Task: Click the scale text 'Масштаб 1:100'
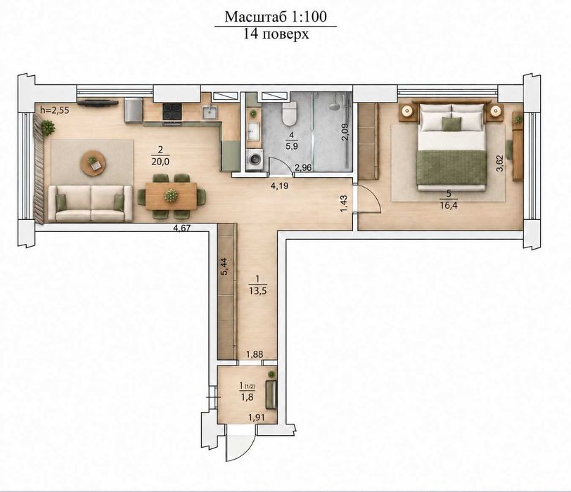point(276,17)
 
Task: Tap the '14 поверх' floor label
point(276,34)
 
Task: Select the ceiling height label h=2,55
point(54,110)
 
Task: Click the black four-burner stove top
point(172,111)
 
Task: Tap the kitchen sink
point(210,112)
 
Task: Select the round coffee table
point(93,163)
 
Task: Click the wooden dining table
point(171,196)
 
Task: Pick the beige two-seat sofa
point(90,203)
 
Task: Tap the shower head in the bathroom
point(333,106)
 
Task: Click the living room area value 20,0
point(160,161)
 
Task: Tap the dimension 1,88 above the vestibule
point(255,354)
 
